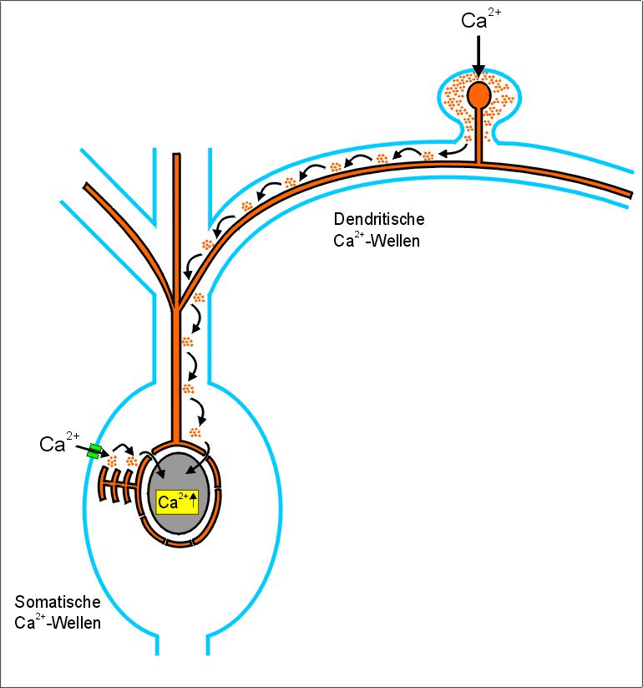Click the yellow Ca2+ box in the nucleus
pos(177,502)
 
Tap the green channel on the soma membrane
pos(95,452)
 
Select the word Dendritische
pos(379,220)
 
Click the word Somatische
pos(58,602)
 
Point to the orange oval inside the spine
pos(478,94)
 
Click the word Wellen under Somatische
pos(73,624)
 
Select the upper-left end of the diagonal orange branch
pos(89,183)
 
